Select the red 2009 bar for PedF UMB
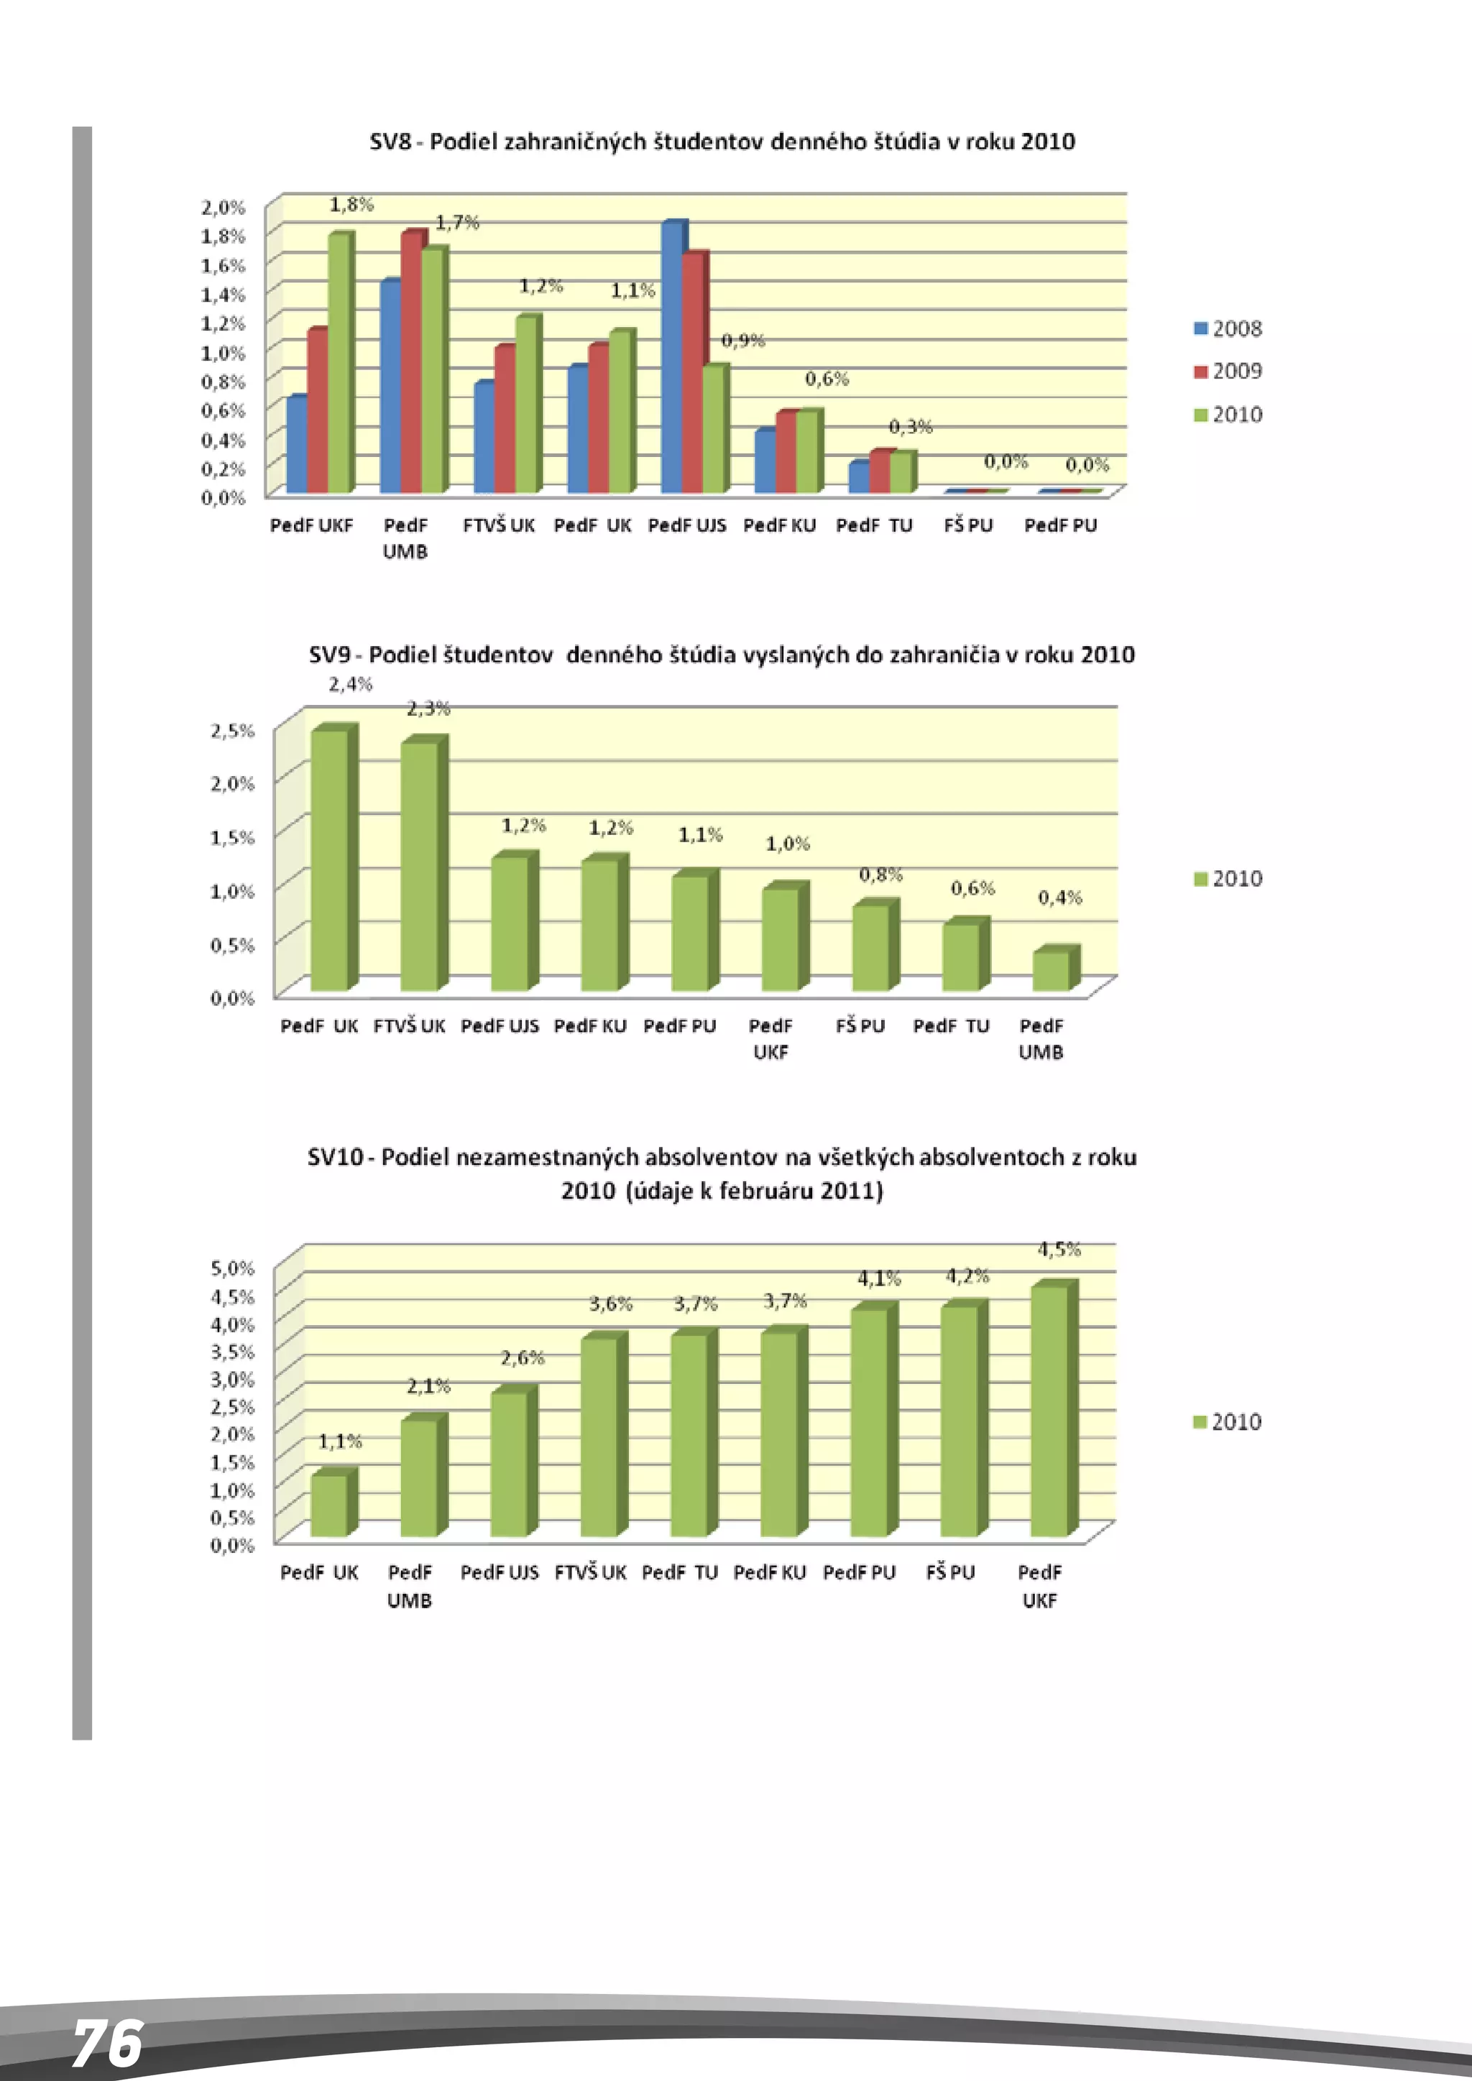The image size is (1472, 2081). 412,363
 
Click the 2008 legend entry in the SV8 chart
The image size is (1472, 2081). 1228,328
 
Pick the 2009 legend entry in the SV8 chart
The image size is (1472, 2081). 1228,371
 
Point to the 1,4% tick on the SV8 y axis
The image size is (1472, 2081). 223,295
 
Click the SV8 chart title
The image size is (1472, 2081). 722,142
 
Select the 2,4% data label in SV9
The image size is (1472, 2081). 351,684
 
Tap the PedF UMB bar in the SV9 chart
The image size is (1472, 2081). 1052,971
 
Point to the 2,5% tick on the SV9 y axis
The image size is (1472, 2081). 233,731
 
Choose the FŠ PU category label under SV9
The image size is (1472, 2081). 860,1026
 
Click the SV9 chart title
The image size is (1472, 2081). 722,655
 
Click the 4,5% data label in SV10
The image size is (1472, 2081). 1059,1250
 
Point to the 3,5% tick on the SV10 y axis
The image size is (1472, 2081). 233,1352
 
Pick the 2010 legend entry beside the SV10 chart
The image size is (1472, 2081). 1228,1422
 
